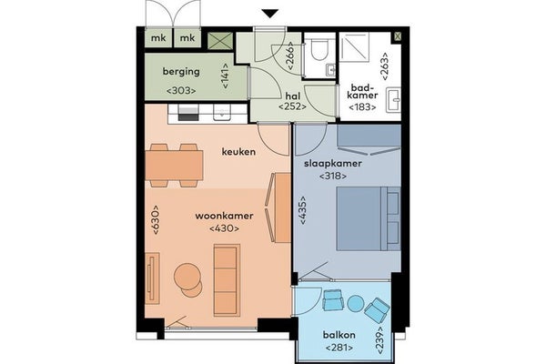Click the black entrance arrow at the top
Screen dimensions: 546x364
(270, 14)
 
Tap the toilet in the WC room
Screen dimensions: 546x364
(318, 49)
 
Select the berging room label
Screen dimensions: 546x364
(181, 72)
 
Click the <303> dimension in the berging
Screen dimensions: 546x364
(181, 91)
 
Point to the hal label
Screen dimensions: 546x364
(293, 96)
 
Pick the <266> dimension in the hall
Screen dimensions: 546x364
(289, 55)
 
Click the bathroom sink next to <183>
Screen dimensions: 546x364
(394, 99)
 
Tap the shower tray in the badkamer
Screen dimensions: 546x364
(354, 48)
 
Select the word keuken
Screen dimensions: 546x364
(238, 152)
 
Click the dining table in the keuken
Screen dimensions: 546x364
(174, 165)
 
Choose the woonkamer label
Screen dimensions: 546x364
(224, 216)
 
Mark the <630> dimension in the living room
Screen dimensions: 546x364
(155, 220)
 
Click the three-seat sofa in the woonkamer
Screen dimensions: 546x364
(227, 280)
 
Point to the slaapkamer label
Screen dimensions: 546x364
(333, 164)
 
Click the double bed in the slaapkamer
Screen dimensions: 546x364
(368, 218)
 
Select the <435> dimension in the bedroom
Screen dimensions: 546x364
(303, 209)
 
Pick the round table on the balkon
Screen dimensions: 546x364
(356, 303)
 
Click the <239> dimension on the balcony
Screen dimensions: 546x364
(380, 340)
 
